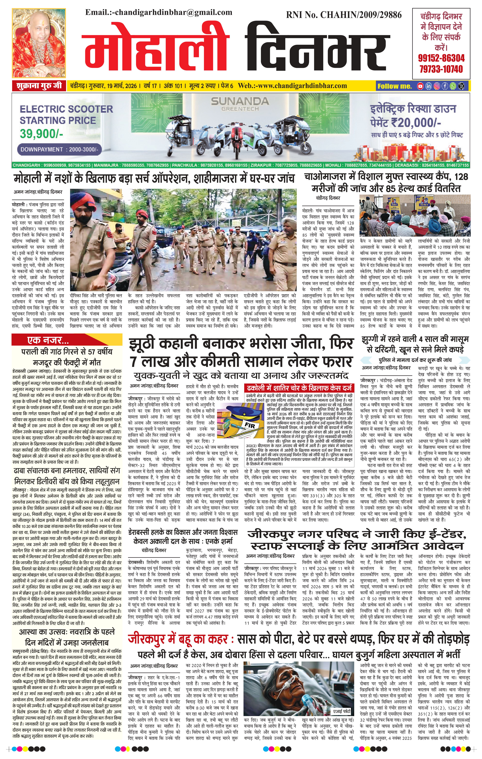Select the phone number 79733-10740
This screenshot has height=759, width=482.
coord(441,69)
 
